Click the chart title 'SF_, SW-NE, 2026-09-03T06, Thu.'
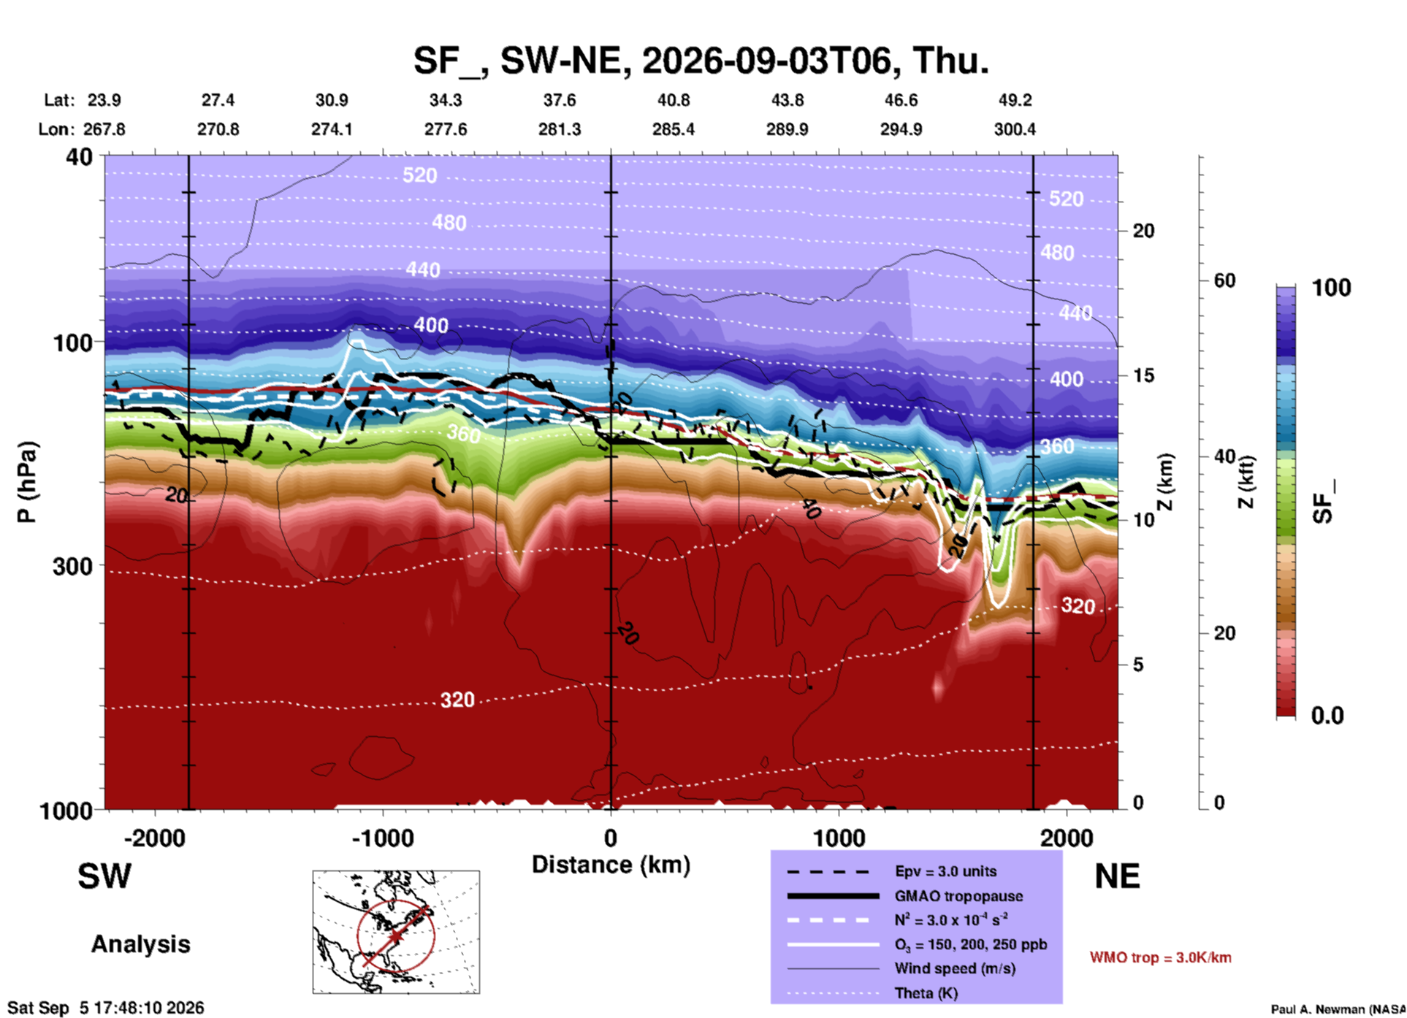pos(701,60)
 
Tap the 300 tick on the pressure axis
pos(72,566)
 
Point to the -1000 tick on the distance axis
pos(382,838)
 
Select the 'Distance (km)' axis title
pos(611,865)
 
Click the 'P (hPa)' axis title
pos(27,482)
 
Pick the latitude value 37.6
pos(560,100)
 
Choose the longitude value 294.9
pos(901,129)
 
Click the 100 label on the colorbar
pos(1331,288)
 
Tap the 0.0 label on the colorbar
pos(1327,716)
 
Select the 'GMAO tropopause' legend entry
pos(958,896)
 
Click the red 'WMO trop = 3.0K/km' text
pos(1160,957)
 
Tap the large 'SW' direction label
pos(104,876)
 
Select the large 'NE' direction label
pos(1117,876)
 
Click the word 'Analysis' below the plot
pos(140,944)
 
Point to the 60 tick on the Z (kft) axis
pos(1224,280)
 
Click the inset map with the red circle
pos(396,932)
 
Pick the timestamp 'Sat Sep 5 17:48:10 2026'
pos(106,1008)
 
